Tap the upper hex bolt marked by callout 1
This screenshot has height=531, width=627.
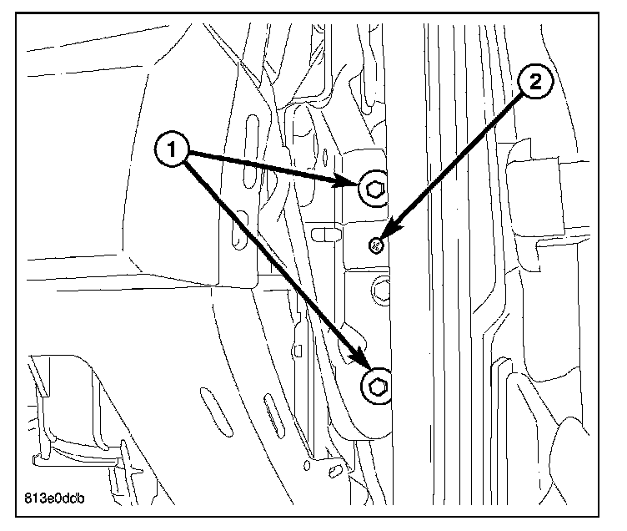tap(375, 190)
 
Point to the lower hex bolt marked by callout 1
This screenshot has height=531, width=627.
tap(377, 386)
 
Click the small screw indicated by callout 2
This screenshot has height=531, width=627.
tap(375, 245)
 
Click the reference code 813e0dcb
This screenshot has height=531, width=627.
tap(58, 500)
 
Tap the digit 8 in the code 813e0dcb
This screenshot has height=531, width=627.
tap(31, 500)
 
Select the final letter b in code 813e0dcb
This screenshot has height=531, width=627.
tap(84, 500)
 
